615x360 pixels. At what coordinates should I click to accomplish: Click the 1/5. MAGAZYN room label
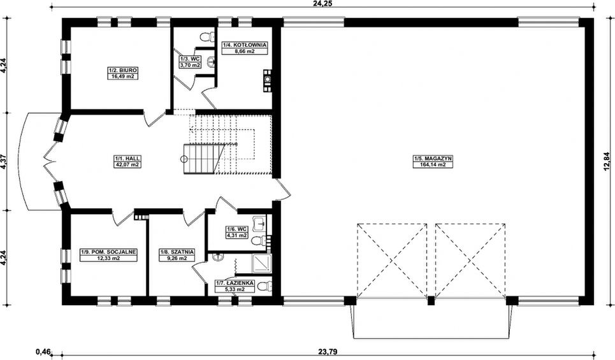tap(433, 159)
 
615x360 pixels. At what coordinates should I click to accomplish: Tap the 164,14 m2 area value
tap(433, 164)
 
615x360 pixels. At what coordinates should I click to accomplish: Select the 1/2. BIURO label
tap(122, 70)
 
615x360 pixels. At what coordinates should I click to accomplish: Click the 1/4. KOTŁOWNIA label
tap(245, 45)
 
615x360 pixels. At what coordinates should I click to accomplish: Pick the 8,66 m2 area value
tap(245, 51)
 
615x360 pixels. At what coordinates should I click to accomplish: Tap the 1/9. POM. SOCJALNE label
tap(108, 252)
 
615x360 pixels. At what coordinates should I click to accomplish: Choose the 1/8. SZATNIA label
tap(177, 252)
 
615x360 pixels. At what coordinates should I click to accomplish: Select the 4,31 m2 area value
tap(236, 235)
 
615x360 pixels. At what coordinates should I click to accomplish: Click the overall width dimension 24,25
tap(321, 3)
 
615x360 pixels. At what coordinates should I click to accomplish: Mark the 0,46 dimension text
tap(43, 351)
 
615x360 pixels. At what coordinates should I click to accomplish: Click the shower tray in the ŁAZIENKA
tap(261, 264)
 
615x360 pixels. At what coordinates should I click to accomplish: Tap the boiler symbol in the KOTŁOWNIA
tap(268, 80)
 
